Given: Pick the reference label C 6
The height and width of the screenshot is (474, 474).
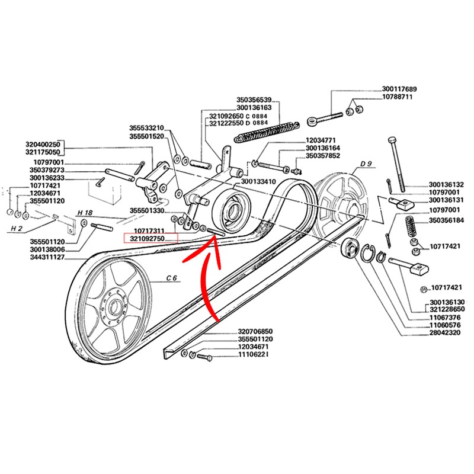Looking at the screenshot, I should pos(172,277).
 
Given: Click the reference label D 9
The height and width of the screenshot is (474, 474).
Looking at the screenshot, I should pos(366,163).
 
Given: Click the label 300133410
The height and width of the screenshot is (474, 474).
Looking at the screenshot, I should pos(260,181).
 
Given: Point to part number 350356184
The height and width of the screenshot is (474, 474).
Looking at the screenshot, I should pos(449,220).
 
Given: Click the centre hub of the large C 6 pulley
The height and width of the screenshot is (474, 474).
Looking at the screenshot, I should pos(115,306).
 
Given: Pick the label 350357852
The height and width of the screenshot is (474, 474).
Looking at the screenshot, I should pos(323,156).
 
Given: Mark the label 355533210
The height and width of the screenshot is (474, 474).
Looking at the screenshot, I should pos(146,127).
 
